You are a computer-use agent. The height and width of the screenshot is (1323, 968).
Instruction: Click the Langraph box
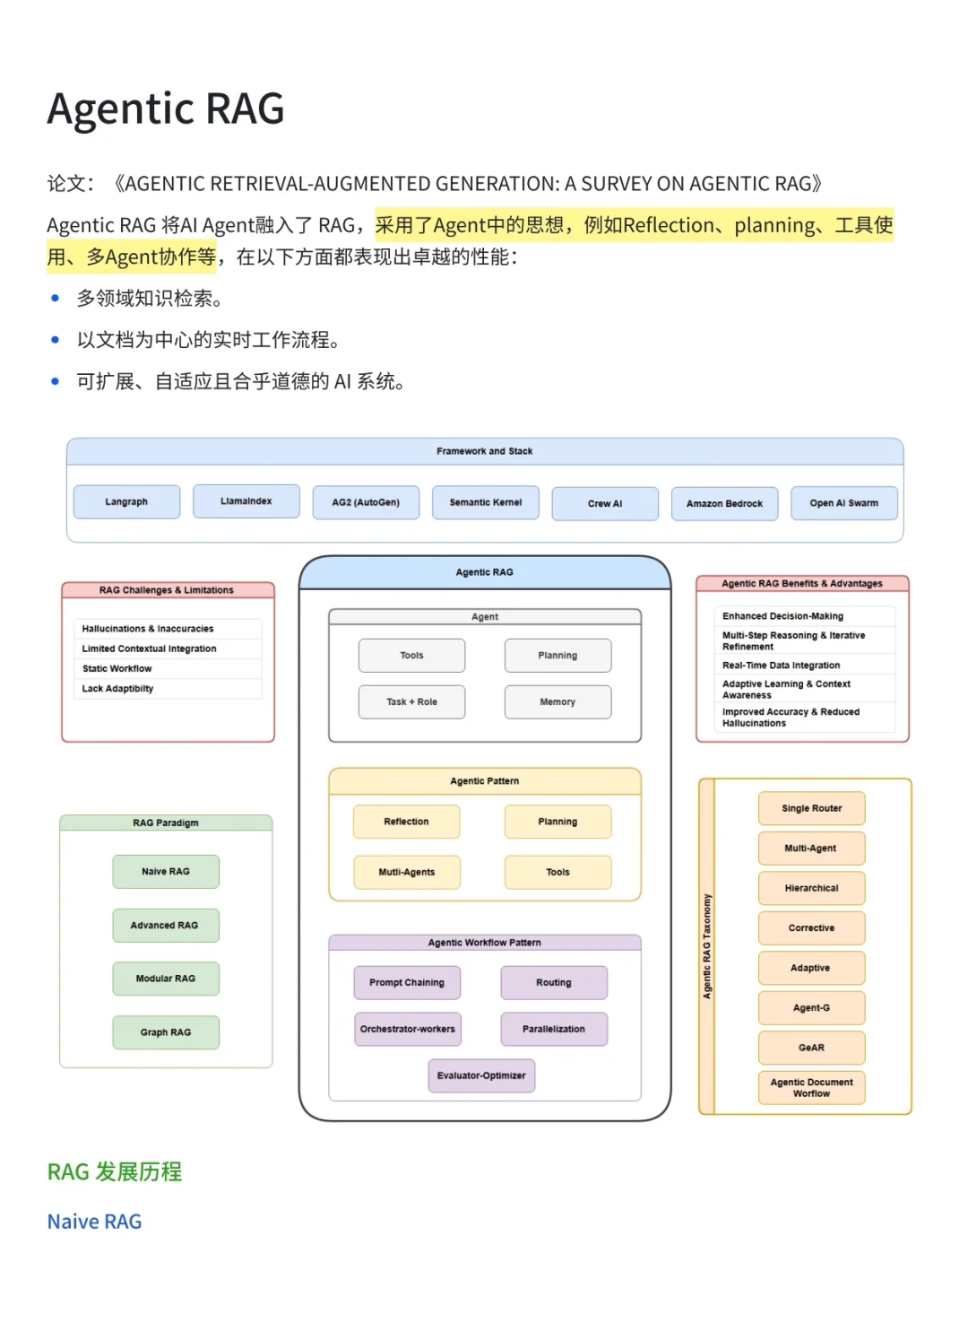pyautogui.click(x=126, y=502)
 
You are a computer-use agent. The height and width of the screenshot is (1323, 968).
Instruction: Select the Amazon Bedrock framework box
pyautogui.click(x=724, y=504)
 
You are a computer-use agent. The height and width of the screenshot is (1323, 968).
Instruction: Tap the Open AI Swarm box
pyautogui.click(x=844, y=503)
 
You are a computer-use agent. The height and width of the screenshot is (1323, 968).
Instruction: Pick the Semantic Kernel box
pyautogui.click(x=485, y=502)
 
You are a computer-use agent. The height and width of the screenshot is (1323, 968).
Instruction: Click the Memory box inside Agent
pyautogui.click(x=557, y=701)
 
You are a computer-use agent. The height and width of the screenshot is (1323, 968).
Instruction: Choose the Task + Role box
pyautogui.click(x=411, y=701)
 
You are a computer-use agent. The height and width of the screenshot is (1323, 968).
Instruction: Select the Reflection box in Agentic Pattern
pyautogui.click(x=406, y=822)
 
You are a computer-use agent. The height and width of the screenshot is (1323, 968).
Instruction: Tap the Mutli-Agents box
pyautogui.click(x=407, y=873)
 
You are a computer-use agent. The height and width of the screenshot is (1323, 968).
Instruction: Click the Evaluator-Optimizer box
pyautogui.click(x=481, y=1075)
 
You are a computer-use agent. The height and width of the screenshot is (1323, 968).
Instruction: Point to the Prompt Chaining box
pyautogui.click(x=407, y=983)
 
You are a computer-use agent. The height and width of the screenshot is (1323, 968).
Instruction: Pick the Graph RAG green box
pyautogui.click(x=166, y=1032)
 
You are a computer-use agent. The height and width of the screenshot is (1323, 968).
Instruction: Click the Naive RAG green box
pyautogui.click(x=166, y=872)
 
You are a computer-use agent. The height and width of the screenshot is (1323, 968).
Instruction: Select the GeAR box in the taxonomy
pyautogui.click(x=811, y=1048)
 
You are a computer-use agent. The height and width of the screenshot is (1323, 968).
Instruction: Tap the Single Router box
pyautogui.click(x=811, y=808)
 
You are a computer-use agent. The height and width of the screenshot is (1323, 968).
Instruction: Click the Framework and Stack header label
pyautogui.click(x=485, y=451)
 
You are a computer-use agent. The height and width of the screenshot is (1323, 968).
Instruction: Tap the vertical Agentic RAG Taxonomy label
pyautogui.click(x=706, y=946)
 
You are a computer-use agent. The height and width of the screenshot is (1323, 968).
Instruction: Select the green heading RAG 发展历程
pyautogui.click(x=115, y=1171)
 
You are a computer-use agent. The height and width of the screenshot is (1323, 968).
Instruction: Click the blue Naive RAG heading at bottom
pyautogui.click(x=94, y=1222)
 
